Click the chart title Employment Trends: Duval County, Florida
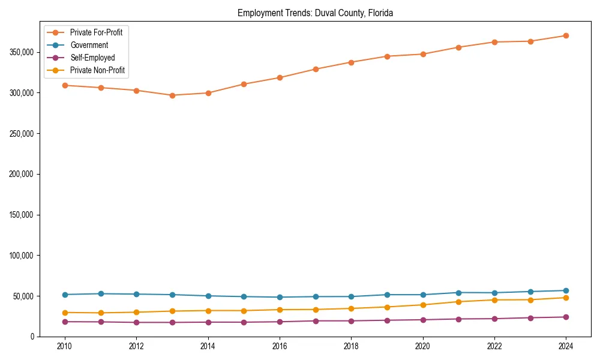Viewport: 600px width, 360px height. (x=315, y=13)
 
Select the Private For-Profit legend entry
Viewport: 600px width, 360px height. (x=96, y=32)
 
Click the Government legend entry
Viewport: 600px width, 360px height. (x=89, y=45)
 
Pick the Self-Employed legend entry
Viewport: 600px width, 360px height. (x=92, y=58)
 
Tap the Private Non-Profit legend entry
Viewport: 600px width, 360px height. (x=97, y=70)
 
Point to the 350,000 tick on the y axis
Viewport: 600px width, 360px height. (x=22, y=52)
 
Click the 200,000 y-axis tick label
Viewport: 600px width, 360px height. (x=22, y=174)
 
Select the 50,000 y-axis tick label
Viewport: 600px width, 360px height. (x=23, y=296)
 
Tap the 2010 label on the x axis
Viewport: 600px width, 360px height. (x=65, y=346)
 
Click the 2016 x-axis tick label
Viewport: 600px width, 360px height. (x=280, y=346)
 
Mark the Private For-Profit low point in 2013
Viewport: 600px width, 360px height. (x=172, y=95)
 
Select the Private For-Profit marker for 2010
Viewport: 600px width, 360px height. (x=65, y=85)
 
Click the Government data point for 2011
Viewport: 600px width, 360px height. (x=101, y=293)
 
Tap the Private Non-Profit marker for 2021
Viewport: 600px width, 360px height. (x=458, y=302)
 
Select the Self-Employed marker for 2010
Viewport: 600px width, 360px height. (x=65, y=322)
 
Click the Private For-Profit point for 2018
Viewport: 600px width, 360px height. (x=351, y=62)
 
